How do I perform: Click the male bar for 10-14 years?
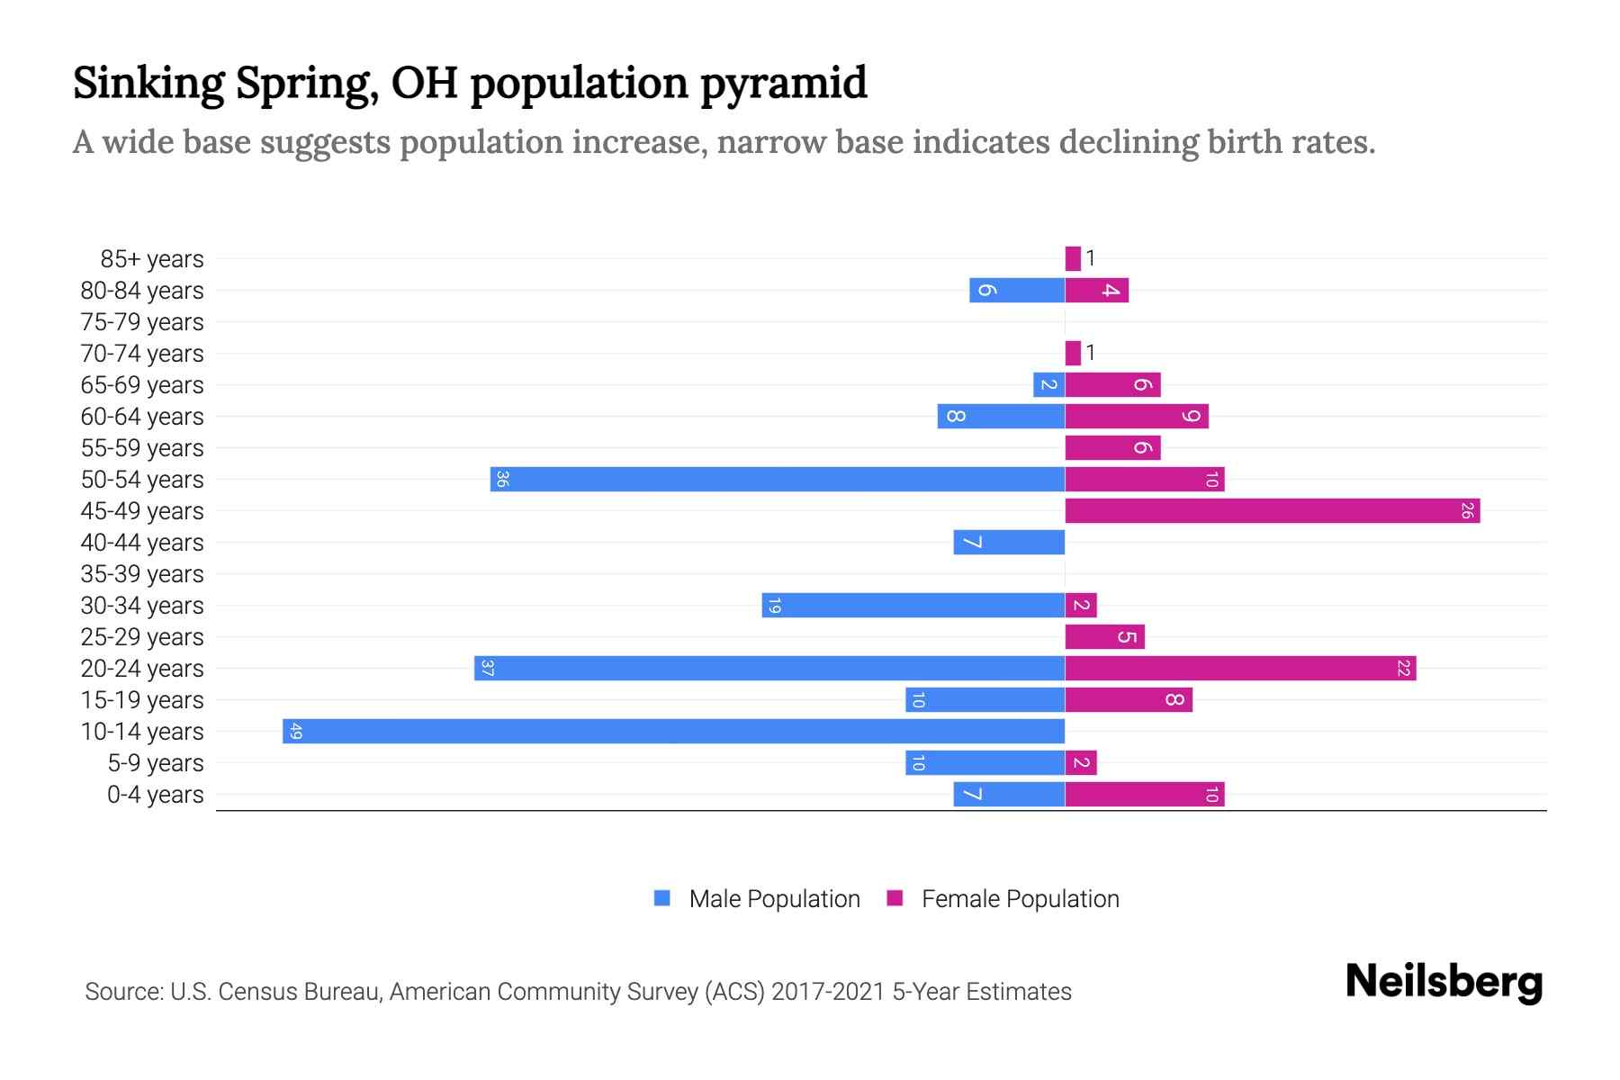[673, 731]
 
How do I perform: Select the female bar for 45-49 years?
[1272, 511]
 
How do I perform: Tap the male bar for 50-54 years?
[778, 479]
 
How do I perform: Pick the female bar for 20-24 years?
[1240, 669]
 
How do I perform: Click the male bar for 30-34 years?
[913, 606]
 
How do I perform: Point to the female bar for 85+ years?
[1073, 259]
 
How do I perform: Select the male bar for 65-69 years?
[1048, 385]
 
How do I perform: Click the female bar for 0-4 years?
[1144, 795]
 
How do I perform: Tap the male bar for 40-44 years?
[1009, 543]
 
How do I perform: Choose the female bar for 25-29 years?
[1104, 637]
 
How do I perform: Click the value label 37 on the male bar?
[487, 669]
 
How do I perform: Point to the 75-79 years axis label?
[142, 322]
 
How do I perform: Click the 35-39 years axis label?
[142, 574]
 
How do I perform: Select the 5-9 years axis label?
[156, 763]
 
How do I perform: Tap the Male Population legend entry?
[774, 899]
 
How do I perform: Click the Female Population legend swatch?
[895, 898]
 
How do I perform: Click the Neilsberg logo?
[1444, 981]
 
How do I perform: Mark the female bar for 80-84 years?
[1096, 291]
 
